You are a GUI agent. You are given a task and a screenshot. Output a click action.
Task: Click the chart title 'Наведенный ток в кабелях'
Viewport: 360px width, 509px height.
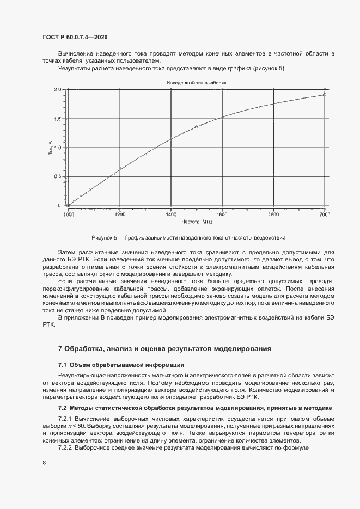pos(196,83)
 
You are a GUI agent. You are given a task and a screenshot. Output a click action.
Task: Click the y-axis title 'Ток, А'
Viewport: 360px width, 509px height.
pos(51,148)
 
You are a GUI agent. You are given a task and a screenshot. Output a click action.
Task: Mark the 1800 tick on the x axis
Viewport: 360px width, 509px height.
pos(273,214)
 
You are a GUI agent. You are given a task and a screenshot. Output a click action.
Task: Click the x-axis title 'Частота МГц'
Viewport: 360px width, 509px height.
pos(196,222)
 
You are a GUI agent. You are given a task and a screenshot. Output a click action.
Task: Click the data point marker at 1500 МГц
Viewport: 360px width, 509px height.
pos(197,127)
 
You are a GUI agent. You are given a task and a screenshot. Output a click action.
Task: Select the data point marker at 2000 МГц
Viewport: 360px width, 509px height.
pos(325,95)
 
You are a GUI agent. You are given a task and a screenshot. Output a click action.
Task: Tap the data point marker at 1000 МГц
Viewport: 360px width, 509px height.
pos(68,205)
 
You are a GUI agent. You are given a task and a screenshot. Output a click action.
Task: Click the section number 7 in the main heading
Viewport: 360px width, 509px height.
pos(60,349)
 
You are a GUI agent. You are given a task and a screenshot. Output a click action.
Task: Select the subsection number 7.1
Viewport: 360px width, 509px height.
pos(62,364)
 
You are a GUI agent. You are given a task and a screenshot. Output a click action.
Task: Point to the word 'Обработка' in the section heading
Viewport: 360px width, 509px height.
pos(84,349)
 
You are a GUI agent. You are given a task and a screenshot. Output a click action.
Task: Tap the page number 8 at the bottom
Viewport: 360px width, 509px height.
pos(44,462)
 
